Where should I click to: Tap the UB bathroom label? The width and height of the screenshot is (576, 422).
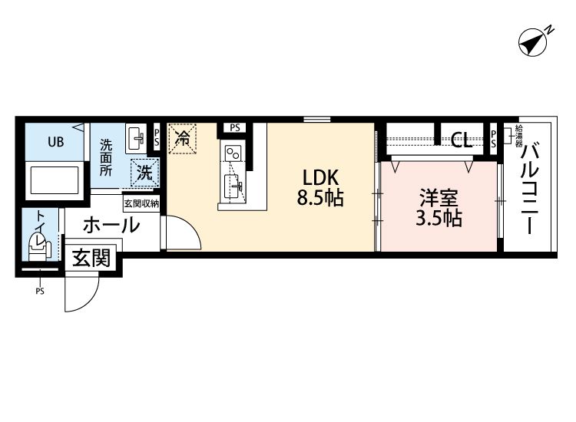pos(56,142)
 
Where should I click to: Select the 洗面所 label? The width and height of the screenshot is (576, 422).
pos(106,157)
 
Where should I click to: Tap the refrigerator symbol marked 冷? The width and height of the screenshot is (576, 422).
pos(183,139)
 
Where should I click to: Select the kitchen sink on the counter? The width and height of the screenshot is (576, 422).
pos(233,185)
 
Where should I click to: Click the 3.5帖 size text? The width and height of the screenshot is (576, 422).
pos(439,219)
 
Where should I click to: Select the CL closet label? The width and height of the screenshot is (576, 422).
pos(462,140)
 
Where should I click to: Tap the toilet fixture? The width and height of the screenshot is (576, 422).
pos(38,244)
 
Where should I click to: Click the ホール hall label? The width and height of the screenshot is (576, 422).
pos(111,226)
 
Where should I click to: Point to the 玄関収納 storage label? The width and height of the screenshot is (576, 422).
pos(141,203)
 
